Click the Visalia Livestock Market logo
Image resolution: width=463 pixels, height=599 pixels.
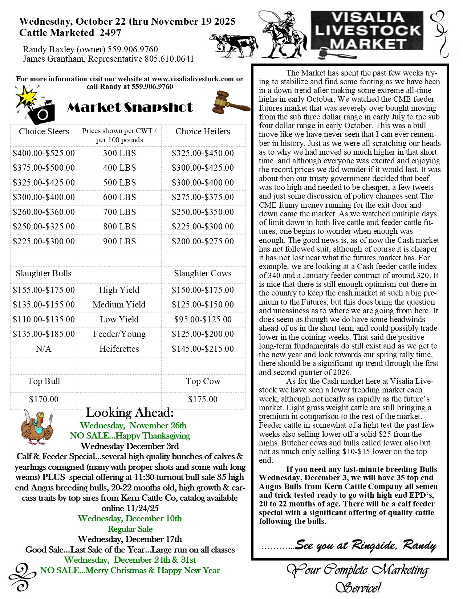pos(367,31)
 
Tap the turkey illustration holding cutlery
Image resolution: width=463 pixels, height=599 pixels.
pos(37,427)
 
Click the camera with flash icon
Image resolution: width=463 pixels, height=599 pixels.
pos(36,105)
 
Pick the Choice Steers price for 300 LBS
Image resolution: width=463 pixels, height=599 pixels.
pos(44,153)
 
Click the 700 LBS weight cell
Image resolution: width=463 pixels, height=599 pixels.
pos(119,212)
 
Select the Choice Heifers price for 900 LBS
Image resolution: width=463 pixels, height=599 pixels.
pos(203,241)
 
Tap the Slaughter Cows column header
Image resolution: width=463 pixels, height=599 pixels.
pos(203,273)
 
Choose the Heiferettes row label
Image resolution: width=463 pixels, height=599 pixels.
pos(119,349)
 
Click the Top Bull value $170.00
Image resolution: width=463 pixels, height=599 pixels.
pos(44,399)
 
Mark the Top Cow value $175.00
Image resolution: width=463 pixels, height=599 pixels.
pos(203,399)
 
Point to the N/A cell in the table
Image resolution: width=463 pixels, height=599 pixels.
pos(44,349)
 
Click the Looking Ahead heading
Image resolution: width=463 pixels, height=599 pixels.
pos(130,413)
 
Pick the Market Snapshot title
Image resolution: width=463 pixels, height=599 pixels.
pos(130,107)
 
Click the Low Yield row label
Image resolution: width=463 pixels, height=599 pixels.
pos(119,319)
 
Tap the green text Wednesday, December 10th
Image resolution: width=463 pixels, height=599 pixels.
pos(130,518)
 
